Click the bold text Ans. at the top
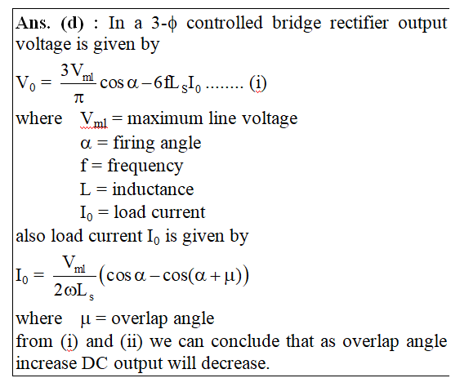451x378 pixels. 33,23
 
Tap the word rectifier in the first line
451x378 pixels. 359,23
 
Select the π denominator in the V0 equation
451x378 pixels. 78,98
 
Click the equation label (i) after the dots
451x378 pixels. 258,83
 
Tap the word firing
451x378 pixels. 134,143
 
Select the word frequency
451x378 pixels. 145,167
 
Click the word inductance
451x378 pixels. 153,189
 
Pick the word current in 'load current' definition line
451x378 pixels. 179,212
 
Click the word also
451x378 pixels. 31,236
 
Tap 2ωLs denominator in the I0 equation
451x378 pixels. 74,291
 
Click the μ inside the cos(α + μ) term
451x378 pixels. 229,276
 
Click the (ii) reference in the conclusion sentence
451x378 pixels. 132,342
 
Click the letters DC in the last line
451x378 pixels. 95,363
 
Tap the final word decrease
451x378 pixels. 235,363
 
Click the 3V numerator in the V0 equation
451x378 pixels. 72,70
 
